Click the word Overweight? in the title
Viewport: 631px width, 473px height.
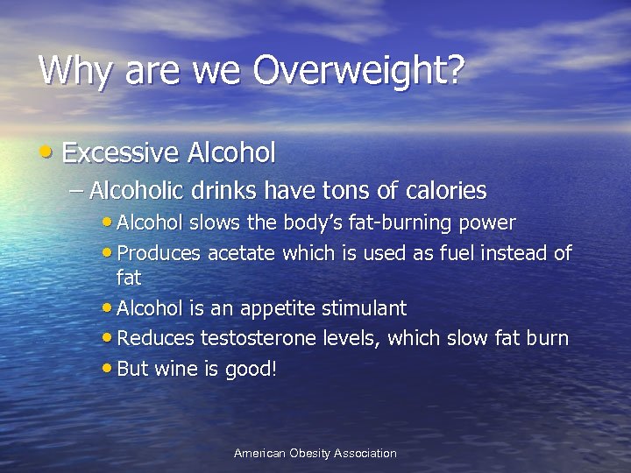click(x=357, y=71)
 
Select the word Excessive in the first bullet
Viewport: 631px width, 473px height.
click(x=121, y=153)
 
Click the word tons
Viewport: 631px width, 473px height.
click(x=341, y=189)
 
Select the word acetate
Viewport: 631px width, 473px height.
click(x=241, y=254)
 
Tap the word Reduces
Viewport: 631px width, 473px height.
click(x=155, y=338)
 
